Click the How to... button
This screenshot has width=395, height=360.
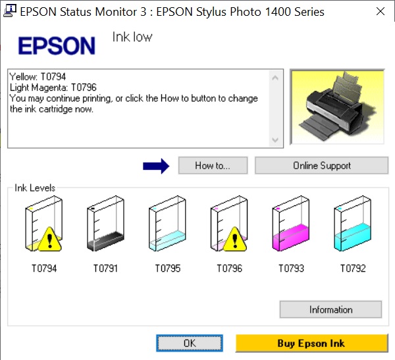click(213, 165)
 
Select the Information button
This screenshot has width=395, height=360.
click(330, 309)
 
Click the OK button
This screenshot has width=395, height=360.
click(190, 343)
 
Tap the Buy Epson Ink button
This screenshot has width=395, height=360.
click(311, 343)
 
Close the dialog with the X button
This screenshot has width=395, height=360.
click(381, 11)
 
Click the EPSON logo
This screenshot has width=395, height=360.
click(57, 45)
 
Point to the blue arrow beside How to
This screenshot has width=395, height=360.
click(156, 166)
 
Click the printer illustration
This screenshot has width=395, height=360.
click(337, 107)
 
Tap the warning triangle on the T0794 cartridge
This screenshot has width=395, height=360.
click(50, 240)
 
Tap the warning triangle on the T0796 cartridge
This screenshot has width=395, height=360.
click(235, 240)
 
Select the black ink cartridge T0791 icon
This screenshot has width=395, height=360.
click(105, 224)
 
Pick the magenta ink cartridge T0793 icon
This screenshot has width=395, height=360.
click(291, 224)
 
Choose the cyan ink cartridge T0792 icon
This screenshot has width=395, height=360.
click(352, 224)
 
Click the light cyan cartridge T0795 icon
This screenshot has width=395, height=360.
click(167, 224)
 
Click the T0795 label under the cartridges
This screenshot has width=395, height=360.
click(168, 269)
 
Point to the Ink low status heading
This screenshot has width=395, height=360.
click(132, 37)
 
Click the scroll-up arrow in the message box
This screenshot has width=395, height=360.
click(275, 78)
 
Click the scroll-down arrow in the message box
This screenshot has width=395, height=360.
click(275, 140)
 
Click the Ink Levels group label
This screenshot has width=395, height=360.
click(35, 188)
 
